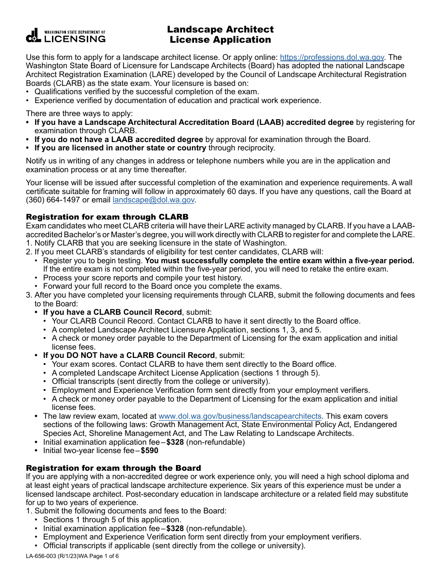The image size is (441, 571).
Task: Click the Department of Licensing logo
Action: (x=65, y=36)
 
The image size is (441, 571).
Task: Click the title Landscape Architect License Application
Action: (x=220, y=34)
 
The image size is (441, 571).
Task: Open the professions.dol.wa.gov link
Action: (x=332, y=58)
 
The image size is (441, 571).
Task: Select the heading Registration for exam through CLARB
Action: (x=107, y=217)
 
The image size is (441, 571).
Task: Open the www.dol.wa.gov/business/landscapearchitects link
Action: (x=240, y=416)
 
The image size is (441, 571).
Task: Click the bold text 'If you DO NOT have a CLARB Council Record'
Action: (x=129, y=356)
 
